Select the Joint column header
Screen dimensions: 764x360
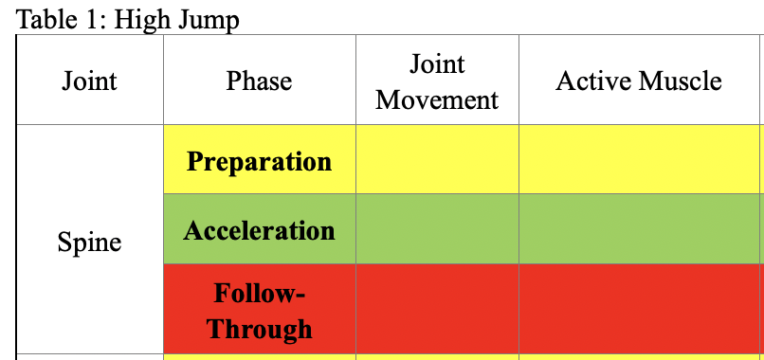89,81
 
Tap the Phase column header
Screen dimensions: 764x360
259,81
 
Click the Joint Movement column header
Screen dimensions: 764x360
437,81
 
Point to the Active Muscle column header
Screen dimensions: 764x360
639,81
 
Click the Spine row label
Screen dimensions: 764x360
89,242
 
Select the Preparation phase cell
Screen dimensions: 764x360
259,160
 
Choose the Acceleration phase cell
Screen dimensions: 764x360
259,230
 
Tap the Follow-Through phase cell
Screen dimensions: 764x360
259,311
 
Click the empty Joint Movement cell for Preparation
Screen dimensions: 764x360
437,160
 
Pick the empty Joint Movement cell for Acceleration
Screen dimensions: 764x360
437,230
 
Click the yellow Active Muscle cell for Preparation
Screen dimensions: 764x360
639,160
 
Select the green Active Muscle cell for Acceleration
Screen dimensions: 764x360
639,230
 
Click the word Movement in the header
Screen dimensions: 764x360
437,99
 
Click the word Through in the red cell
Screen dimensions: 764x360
259,329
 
